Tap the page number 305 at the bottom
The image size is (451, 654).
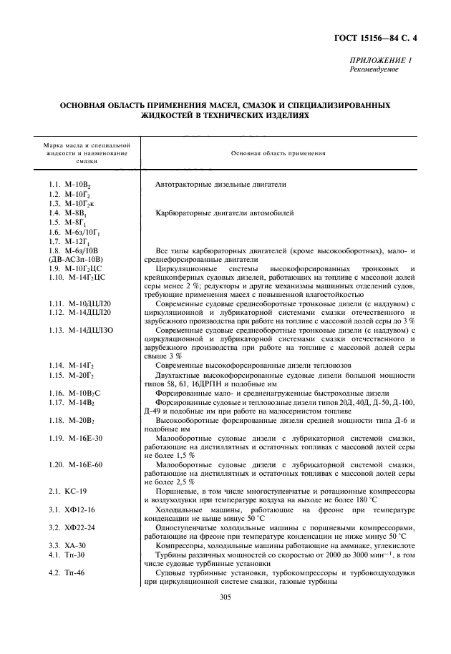coord(225,596)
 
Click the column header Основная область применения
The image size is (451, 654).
coord(278,153)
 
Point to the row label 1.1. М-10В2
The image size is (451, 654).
coord(71,185)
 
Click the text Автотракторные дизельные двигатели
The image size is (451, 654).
coord(220,185)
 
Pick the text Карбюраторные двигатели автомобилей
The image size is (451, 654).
coord(224,213)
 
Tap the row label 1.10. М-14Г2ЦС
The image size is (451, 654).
coord(77,277)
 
